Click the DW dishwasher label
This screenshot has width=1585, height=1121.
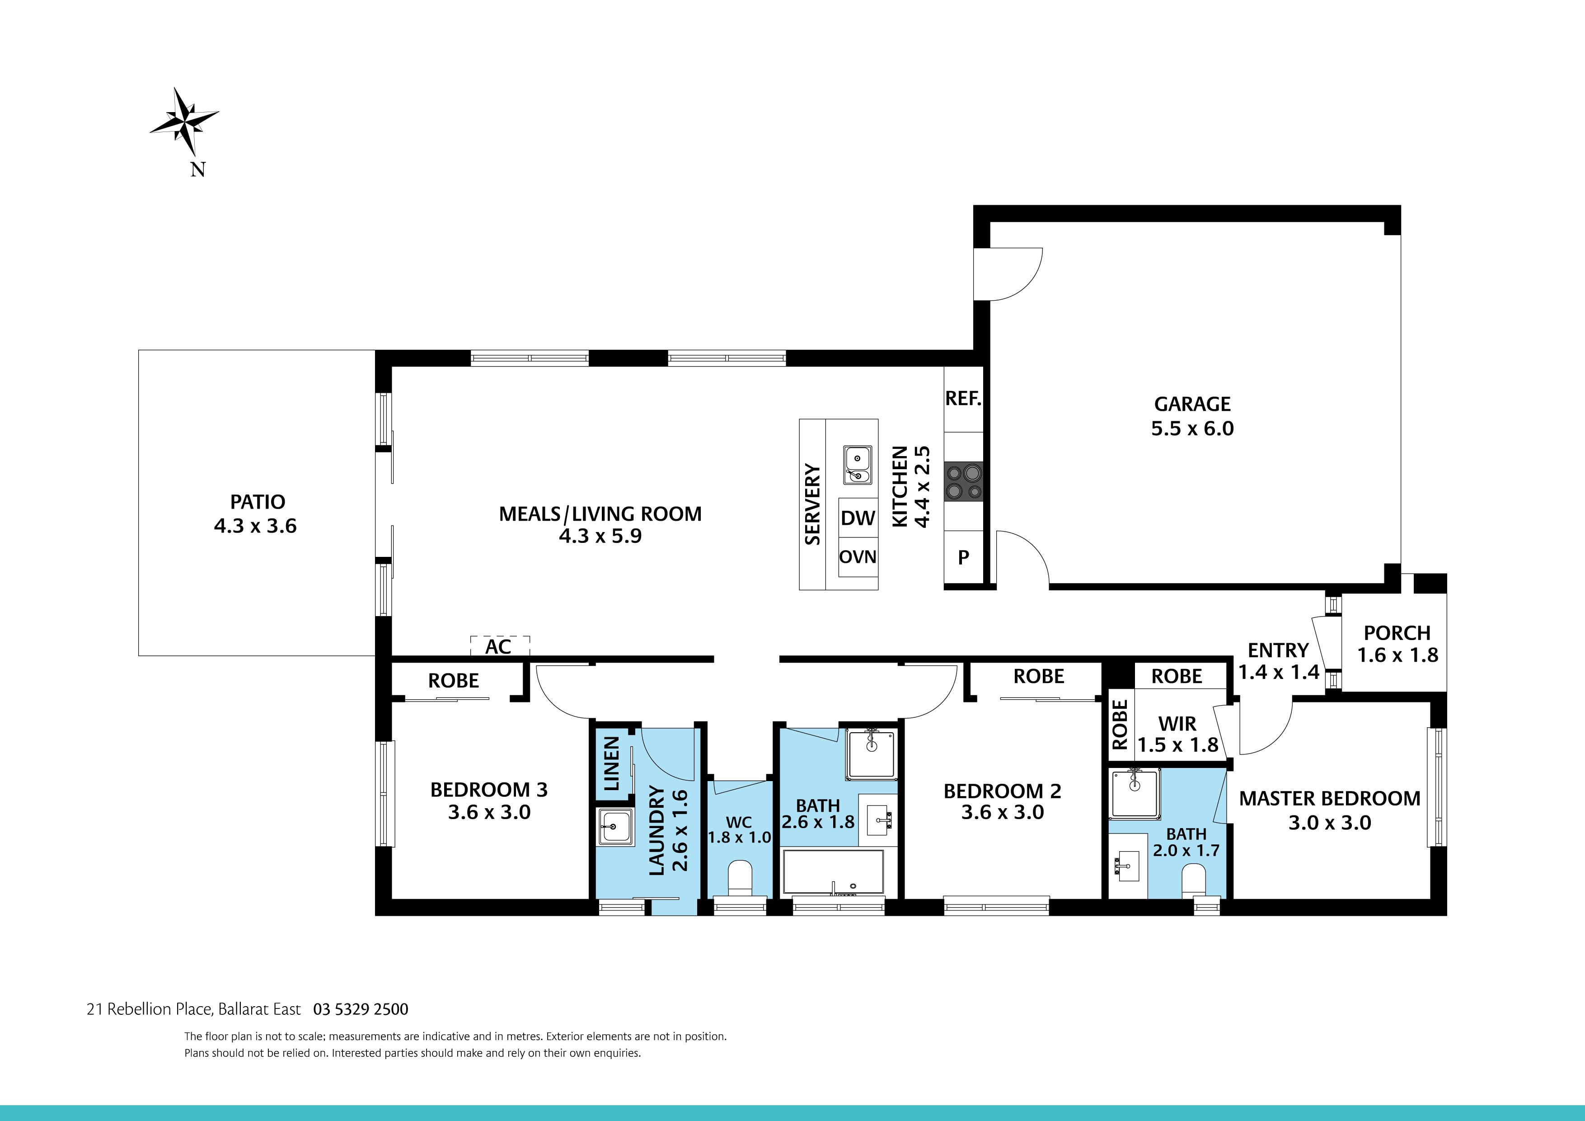pyautogui.click(x=858, y=518)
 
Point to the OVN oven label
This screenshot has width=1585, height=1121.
pyautogui.click(x=858, y=557)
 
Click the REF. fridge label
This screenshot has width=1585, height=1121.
pyautogui.click(x=963, y=399)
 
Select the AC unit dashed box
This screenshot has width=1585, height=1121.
pyautogui.click(x=500, y=646)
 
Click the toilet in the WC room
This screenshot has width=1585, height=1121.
pyautogui.click(x=740, y=877)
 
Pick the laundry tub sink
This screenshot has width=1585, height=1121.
pyautogui.click(x=614, y=825)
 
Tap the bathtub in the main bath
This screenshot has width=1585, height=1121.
pyautogui.click(x=833, y=871)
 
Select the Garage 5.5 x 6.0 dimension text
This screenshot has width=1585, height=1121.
pyautogui.click(x=1192, y=428)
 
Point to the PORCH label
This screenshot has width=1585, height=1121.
pyautogui.click(x=1397, y=633)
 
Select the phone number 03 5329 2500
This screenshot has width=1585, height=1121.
pyautogui.click(x=361, y=1009)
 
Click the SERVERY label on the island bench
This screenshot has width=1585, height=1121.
pyautogui.click(x=812, y=504)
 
